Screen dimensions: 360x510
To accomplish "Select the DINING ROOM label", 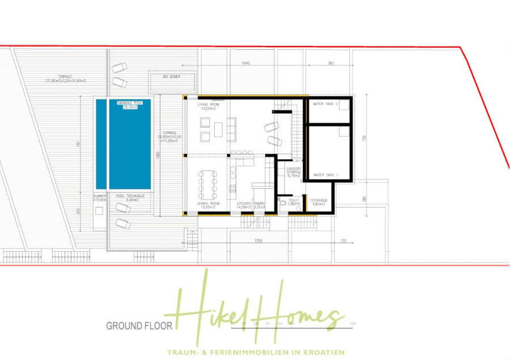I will point(208,205).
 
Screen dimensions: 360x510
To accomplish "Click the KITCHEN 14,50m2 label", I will point(244,205).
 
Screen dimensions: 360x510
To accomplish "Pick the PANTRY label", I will point(260,205).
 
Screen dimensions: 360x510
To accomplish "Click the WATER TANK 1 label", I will point(325,175).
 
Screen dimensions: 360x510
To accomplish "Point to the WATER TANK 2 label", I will point(326,104).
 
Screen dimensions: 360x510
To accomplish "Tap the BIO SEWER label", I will point(172,76).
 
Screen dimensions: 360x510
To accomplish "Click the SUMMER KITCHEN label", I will point(99,198).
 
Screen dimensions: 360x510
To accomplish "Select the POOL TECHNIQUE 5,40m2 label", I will point(130,198).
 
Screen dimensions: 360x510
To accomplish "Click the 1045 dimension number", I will point(245,63).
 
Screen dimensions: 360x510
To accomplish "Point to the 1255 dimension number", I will point(258,240).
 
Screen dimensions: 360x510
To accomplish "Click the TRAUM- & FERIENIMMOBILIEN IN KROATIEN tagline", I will point(254,352).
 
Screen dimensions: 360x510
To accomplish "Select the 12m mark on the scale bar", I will point(352,323).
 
